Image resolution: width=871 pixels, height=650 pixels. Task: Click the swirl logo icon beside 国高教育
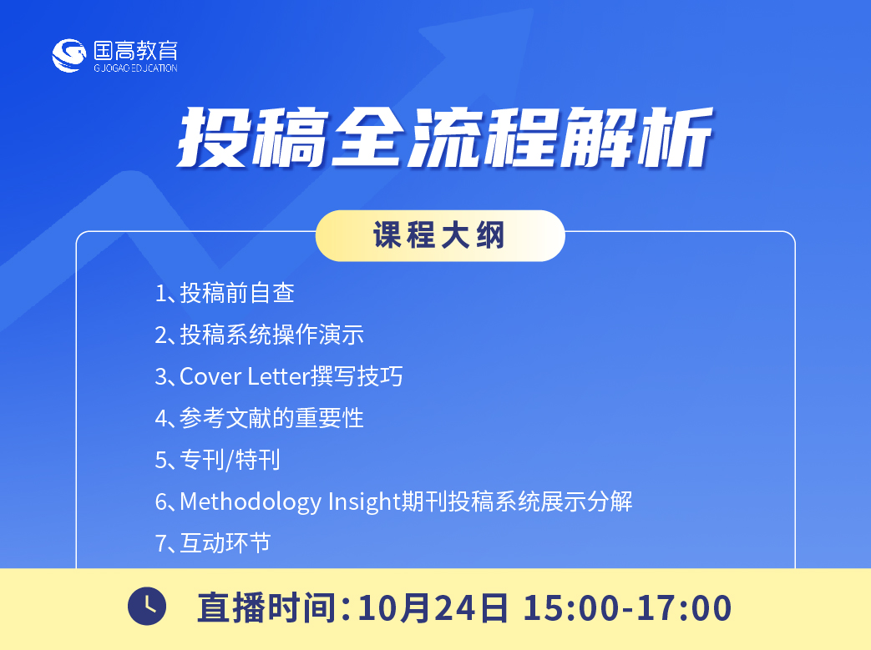coord(68,56)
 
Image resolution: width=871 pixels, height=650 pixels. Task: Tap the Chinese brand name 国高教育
coord(135,51)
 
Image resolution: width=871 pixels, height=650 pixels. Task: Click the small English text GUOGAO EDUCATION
coord(135,68)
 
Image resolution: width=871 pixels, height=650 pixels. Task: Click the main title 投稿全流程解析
coord(444,137)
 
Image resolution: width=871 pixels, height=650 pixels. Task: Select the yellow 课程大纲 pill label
coord(440,235)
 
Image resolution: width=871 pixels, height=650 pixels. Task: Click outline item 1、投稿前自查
coord(225,293)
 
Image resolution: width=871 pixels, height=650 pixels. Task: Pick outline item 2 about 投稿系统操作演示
coord(260,335)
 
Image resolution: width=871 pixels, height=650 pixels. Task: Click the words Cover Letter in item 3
coord(245,376)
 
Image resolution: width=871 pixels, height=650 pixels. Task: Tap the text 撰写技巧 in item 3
coord(357,376)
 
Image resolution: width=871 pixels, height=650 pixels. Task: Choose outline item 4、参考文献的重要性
coord(260,418)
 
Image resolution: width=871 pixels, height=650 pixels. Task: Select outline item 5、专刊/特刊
coord(217,460)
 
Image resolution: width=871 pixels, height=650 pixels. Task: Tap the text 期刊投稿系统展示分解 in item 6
coord(517,501)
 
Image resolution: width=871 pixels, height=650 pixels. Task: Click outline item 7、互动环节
coord(213,543)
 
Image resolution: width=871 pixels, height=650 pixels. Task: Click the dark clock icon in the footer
coord(147,606)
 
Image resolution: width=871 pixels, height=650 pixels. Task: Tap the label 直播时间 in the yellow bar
coord(266,607)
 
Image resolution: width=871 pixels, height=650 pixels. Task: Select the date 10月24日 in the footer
coord(433,607)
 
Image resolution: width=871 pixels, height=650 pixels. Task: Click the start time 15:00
coord(571,607)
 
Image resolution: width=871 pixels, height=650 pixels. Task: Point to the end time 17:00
coord(685,607)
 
